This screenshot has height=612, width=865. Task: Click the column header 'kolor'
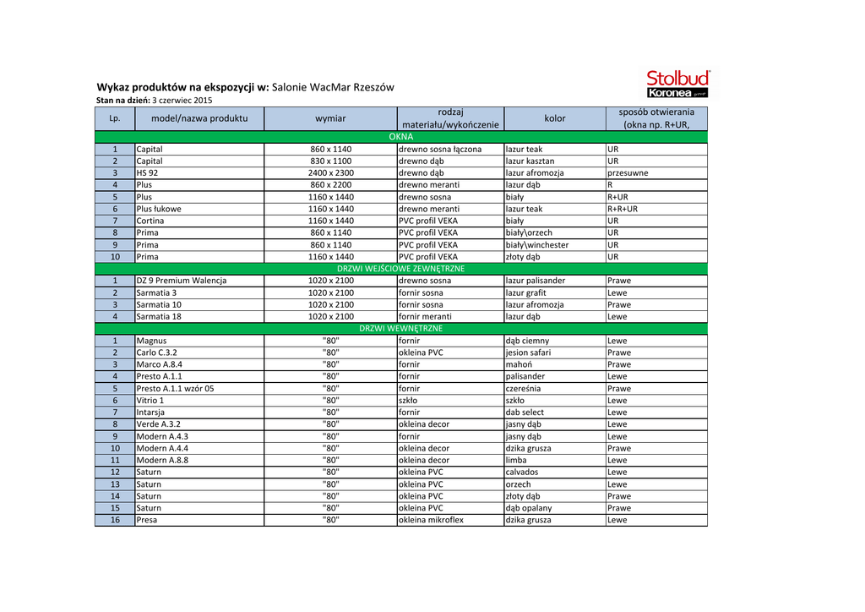coord(555,118)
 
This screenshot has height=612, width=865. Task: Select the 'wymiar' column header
coord(330,118)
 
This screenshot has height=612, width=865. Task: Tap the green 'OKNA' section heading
coord(401,136)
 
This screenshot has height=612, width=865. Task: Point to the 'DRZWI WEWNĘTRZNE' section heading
coord(401,328)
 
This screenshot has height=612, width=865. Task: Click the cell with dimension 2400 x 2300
coord(330,172)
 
